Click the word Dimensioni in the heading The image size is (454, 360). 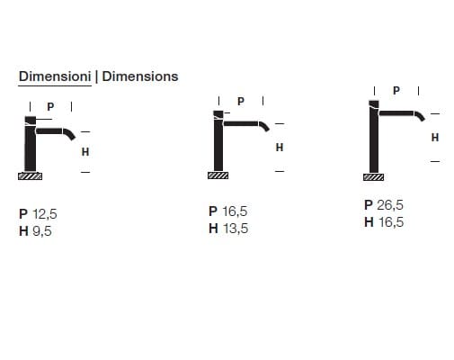pos(55,76)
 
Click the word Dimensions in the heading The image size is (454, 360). pos(140,76)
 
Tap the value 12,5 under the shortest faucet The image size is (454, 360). pos(45,214)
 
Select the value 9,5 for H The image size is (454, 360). pos(42,231)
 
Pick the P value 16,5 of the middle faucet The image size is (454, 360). pos(235,211)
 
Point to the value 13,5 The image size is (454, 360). pos(236,229)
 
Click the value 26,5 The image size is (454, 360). pos(390,205)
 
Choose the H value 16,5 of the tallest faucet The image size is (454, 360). pos(391,222)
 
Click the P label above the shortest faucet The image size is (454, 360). pos(50,106)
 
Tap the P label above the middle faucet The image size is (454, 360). pos(241,102)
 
